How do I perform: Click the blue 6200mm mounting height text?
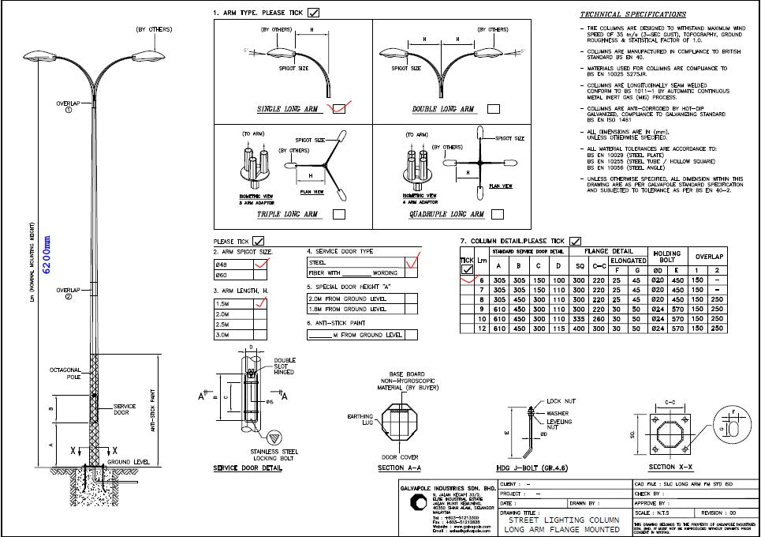pyautogui.click(x=47, y=254)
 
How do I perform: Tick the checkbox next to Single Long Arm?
pyautogui.click(x=340, y=108)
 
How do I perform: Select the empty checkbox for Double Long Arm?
pyautogui.click(x=497, y=108)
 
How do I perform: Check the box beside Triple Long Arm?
pyautogui.click(x=340, y=214)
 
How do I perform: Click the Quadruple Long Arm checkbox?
pyautogui.click(x=497, y=214)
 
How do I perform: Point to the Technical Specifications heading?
pyautogui.click(x=632, y=14)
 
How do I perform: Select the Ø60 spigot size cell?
pyautogui.click(x=233, y=275)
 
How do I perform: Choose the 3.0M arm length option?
pyautogui.click(x=233, y=334)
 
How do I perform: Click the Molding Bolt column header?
pyautogui.click(x=666, y=257)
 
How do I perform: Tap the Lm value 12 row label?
pyautogui.click(x=481, y=328)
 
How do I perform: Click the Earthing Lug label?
pyautogui.click(x=361, y=419)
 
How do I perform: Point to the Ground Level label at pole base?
pyautogui.click(x=129, y=462)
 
